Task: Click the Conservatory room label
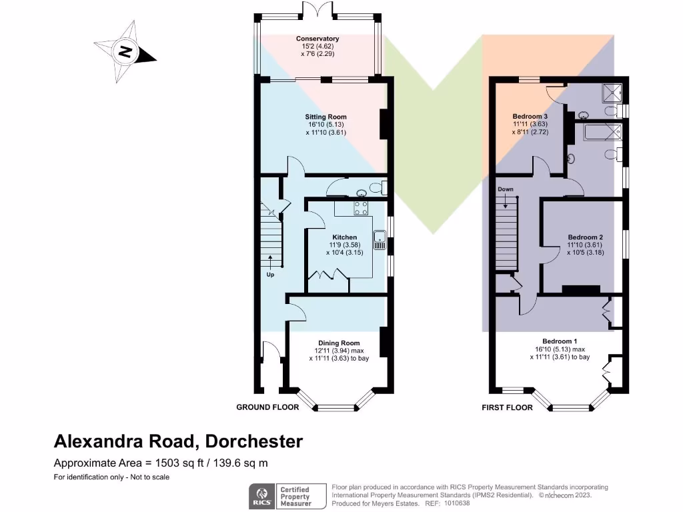pyautogui.click(x=317, y=39)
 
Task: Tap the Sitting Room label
pyautogui.click(x=326, y=117)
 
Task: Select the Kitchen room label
pyautogui.click(x=344, y=237)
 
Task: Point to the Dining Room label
pyautogui.click(x=339, y=343)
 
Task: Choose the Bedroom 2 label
pyautogui.click(x=585, y=237)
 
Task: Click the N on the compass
pyautogui.click(x=124, y=51)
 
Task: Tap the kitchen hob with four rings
pyautogui.click(x=361, y=207)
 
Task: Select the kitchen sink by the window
pyautogui.click(x=380, y=239)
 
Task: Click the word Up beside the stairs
pyautogui.click(x=270, y=274)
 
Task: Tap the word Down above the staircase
pyautogui.click(x=505, y=189)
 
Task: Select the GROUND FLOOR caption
pyautogui.click(x=263, y=407)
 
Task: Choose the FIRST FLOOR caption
pyautogui.click(x=507, y=407)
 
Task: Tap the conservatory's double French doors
pyautogui.click(x=317, y=11)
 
